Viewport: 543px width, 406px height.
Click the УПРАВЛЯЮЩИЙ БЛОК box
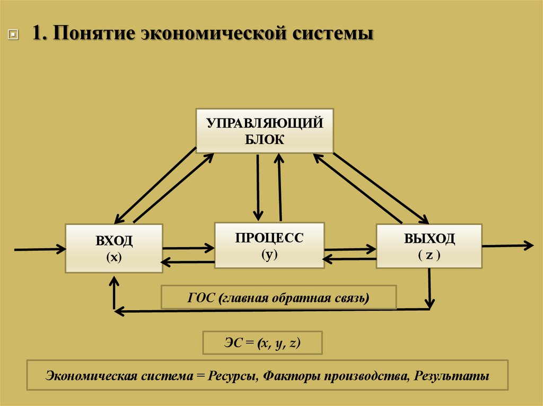(x=265, y=131)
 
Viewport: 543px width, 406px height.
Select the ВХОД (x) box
(x=113, y=248)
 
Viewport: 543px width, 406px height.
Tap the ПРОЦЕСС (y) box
(x=269, y=245)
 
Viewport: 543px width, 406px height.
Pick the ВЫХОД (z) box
(x=429, y=246)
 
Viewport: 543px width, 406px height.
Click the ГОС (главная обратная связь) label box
(x=278, y=297)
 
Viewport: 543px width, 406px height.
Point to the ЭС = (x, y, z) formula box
(x=262, y=343)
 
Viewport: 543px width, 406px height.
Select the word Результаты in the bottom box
(x=452, y=376)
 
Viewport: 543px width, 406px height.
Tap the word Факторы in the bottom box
(x=286, y=376)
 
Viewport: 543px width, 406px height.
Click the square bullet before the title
(x=13, y=35)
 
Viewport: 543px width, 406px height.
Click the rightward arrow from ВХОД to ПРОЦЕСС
(x=188, y=247)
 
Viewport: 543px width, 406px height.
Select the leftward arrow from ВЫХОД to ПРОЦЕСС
(x=349, y=259)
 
